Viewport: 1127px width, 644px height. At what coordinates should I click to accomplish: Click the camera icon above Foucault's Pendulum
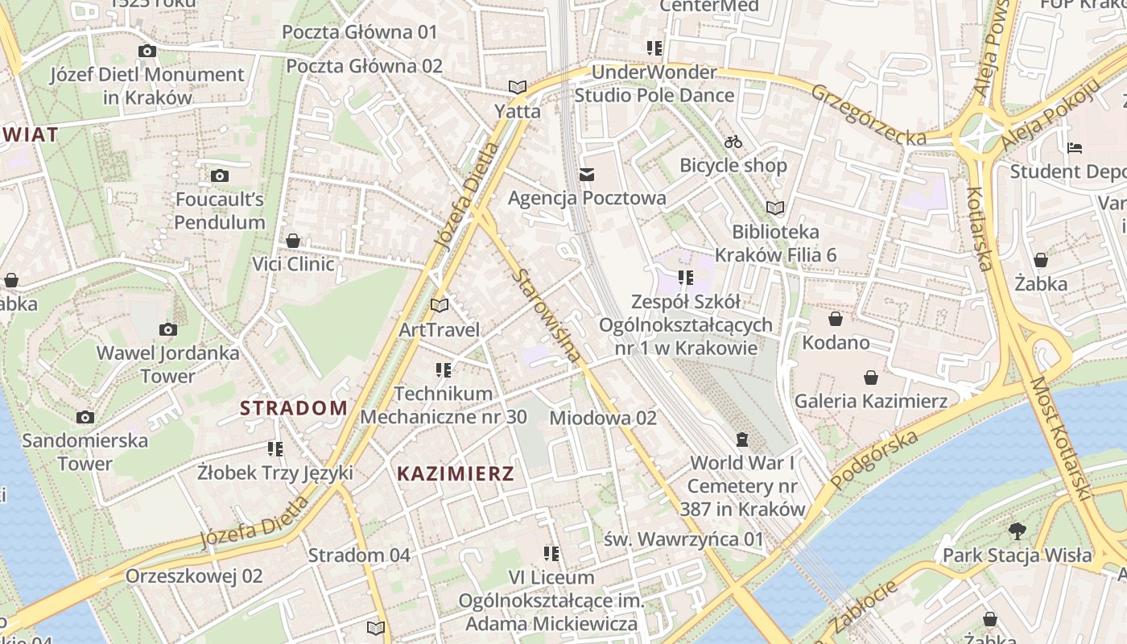point(219,175)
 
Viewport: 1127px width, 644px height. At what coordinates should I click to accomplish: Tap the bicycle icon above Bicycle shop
point(733,142)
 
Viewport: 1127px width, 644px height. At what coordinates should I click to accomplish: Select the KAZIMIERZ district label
point(456,473)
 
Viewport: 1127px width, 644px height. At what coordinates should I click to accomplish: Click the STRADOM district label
point(294,407)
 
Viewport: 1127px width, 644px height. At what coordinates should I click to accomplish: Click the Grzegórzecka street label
point(869,115)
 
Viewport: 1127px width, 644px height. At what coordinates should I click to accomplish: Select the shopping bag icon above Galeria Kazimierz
point(870,377)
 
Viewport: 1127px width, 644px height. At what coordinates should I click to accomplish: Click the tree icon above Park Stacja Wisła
point(1018,530)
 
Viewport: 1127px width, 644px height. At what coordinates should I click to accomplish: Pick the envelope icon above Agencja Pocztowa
point(587,174)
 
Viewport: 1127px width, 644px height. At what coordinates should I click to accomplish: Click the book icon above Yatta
point(517,87)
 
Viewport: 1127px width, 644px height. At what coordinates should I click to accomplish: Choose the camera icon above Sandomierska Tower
point(85,417)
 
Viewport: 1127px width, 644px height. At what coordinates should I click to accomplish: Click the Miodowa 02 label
point(603,418)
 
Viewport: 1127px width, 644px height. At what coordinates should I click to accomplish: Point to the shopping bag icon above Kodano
point(836,319)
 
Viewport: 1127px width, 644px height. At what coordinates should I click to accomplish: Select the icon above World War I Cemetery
point(741,440)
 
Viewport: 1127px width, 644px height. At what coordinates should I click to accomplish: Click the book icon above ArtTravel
point(439,305)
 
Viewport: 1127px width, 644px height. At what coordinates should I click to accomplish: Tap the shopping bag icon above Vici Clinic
point(293,241)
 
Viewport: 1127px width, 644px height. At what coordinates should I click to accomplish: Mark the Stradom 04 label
point(359,555)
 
